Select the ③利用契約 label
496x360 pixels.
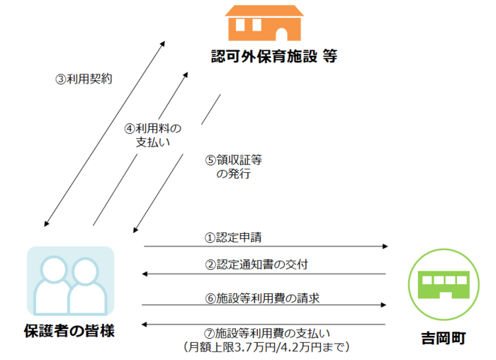point(84,79)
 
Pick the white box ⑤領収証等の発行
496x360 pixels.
point(233,167)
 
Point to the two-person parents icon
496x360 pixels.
point(70,281)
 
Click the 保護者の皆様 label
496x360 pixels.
point(69,331)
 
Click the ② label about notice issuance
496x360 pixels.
point(256,265)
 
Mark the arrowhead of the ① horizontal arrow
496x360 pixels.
point(386,246)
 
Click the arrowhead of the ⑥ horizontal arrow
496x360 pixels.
point(386,305)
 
